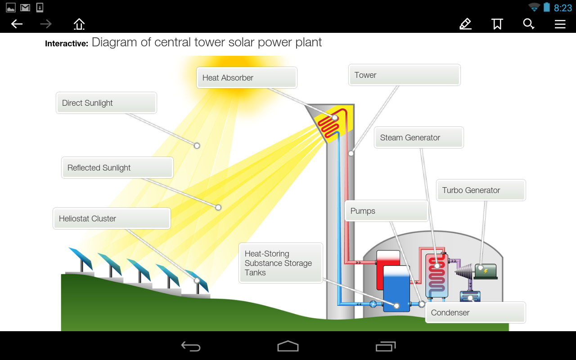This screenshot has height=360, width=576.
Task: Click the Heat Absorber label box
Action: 247,78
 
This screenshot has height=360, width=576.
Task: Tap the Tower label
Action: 404,75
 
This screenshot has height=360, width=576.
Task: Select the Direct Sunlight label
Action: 106,103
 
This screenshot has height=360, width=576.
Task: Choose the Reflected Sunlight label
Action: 117,168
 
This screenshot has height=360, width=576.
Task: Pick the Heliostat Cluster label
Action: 112,219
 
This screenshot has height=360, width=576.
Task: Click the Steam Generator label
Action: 418,138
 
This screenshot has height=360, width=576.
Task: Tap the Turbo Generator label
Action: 481,190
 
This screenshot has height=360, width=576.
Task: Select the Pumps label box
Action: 386,211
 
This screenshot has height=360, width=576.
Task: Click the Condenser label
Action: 475,313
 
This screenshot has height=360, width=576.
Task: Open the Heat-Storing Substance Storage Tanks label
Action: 280,263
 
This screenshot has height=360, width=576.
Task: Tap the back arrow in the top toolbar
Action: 17,24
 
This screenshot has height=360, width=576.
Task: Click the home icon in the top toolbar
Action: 79,24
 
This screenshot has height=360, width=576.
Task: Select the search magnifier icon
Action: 529,24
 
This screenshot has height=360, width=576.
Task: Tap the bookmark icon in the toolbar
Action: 497,24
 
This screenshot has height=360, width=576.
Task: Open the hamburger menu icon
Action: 560,24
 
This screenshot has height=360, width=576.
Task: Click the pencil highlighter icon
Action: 465,24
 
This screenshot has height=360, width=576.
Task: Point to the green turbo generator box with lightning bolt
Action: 486,271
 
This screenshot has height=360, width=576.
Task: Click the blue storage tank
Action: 396,290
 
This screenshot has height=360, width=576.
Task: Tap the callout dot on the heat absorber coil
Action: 335,117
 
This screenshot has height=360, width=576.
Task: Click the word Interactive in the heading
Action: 66,44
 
